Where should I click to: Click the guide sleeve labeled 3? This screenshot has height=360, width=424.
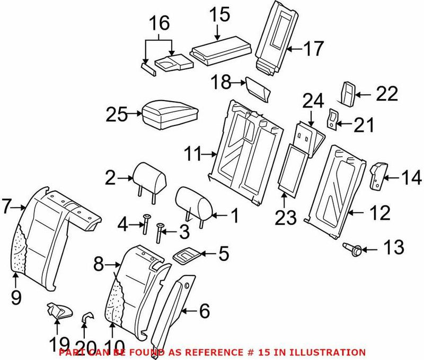pos(159,232)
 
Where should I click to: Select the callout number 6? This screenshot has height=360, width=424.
pos(204,313)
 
